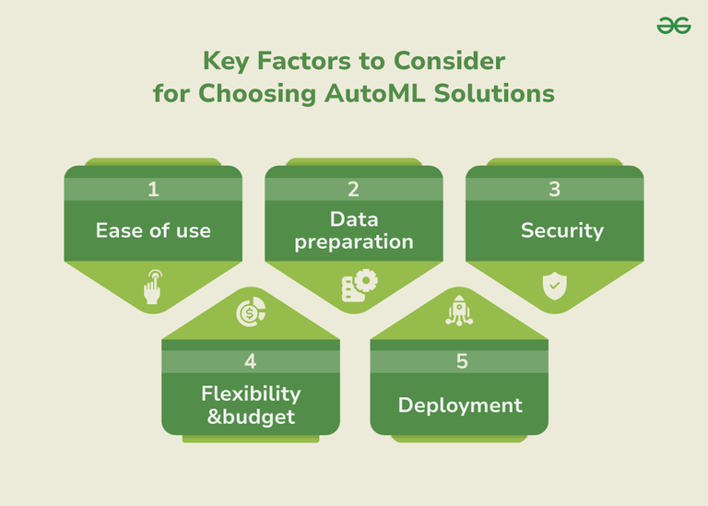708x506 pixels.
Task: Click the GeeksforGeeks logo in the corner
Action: [x=674, y=27]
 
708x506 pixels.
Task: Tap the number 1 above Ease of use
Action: [x=153, y=190]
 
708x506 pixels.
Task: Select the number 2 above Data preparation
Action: [x=353, y=190]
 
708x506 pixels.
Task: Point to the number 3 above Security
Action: [x=554, y=190]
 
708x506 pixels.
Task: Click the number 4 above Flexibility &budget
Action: [x=251, y=361]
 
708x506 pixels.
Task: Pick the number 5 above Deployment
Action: [x=462, y=361]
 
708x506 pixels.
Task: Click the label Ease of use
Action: [x=153, y=229]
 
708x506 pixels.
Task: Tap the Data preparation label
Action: [x=353, y=230]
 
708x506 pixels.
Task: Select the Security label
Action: [x=562, y=229]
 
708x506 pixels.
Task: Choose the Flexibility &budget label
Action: [x=251, y=405]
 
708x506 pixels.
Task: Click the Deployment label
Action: [x=460, y=405]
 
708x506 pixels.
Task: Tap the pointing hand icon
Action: [x=153, y=288]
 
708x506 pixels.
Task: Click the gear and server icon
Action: [x=353, y=287]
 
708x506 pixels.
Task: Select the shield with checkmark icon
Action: [x=553, y=287]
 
